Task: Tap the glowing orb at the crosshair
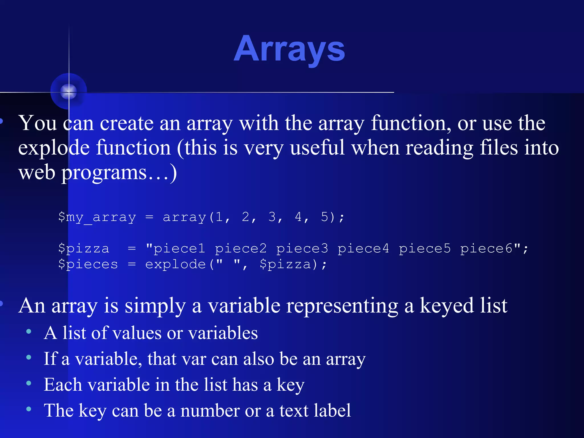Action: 69,92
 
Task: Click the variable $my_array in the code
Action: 97,217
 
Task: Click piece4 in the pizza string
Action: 363,249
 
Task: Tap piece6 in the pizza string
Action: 486,249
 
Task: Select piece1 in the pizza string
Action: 179,249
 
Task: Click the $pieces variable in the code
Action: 88,264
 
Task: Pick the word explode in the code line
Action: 175,264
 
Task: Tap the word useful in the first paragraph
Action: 317,148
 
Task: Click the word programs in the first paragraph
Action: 104,173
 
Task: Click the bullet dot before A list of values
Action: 29,331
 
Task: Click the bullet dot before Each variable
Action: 29,383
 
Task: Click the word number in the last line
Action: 210,411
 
